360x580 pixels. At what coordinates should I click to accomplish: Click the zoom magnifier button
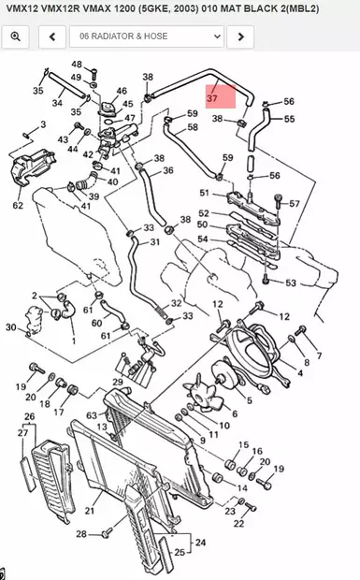[x=16, y=36]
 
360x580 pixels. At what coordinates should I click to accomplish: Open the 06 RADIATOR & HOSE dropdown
[x=147, y=36]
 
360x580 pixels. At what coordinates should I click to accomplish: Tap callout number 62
[x=18, y=204]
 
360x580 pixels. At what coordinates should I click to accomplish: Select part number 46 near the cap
[x=122, y=91]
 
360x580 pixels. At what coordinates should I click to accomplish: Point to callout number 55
[x=289, y=119]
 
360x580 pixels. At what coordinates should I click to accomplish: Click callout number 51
[x=205, y=194]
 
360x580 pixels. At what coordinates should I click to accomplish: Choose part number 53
[x=291, y=283]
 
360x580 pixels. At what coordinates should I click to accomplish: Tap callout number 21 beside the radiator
[x=90, y=511]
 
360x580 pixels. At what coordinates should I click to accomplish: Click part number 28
[x=81, y=533]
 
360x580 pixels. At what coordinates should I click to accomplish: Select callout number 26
[x=29, y=416]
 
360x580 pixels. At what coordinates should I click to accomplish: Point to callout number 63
[x=91, y=414]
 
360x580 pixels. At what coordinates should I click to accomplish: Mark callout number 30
[x=10, y=327]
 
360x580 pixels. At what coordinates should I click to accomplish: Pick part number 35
[x=37, y=91]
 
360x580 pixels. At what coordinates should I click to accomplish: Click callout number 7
[x=319, y=356]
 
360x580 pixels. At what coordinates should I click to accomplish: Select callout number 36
[x=168, y=170]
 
